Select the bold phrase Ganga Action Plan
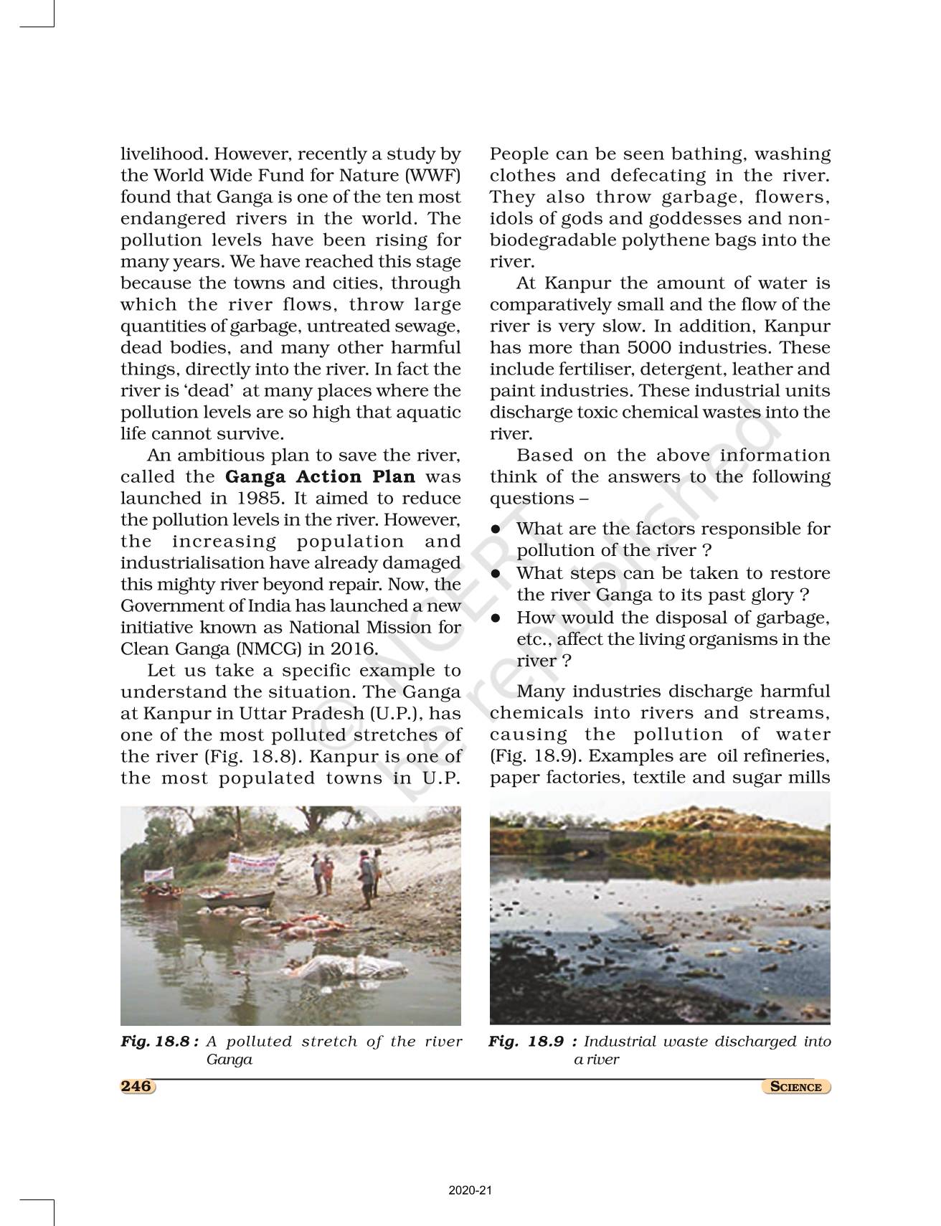click(320, 477)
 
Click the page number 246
click(136, 1086)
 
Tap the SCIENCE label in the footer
click(795, 1087)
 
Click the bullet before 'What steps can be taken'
click(496, 573)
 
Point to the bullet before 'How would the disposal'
click(496, 618)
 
